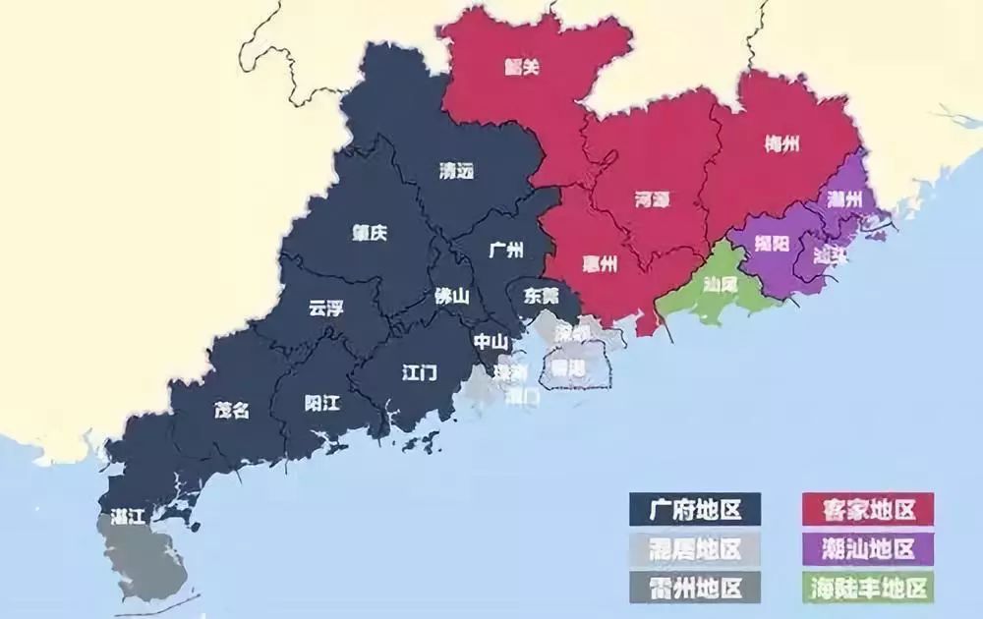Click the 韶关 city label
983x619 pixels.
pyautogui.click(x=523, y=68)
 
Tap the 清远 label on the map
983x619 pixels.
pyautogui.click(x=456, y=170)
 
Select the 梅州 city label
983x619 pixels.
pyautogui.click(x=781, y=144)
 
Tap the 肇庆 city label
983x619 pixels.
pyautogui.click(x=370, y=233)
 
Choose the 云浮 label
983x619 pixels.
pyautogui.click(x=326, y=308)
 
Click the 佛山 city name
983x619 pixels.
pyautogui.click(x=451, y=295)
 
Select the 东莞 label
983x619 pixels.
pyautogui.click(x=541, y=294)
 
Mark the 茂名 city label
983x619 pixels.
pyautogui.click(x=232, y=411)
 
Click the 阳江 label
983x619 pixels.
pyautogui.click(x=322, y=402)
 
